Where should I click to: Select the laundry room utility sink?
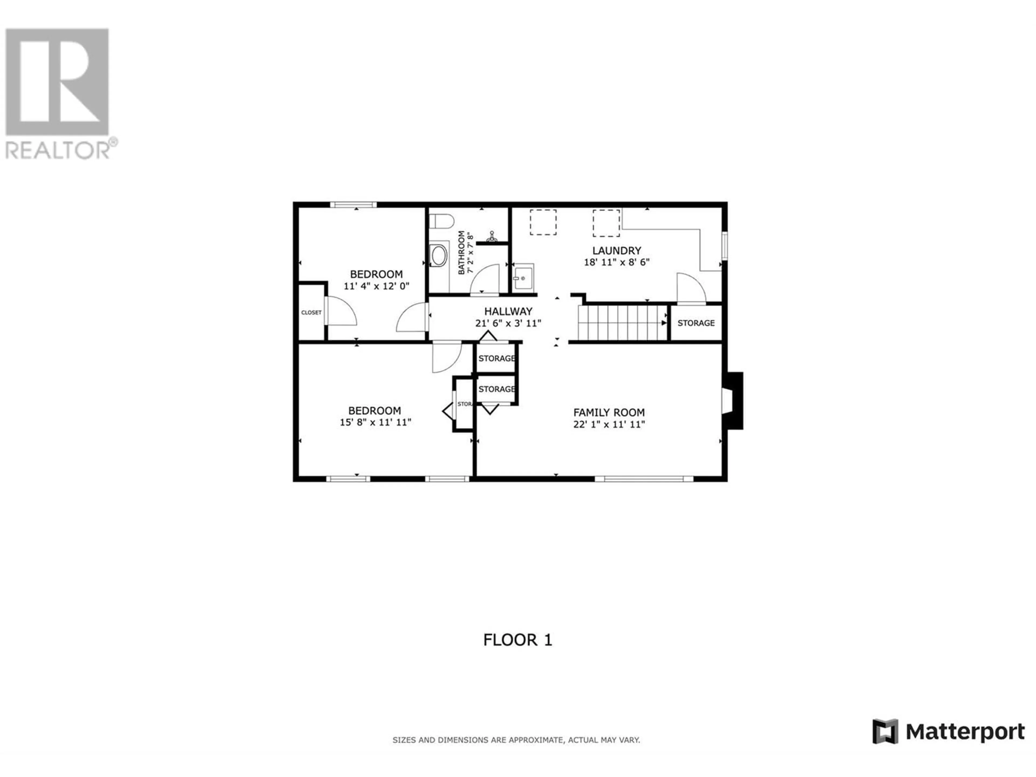(x=523, y=278)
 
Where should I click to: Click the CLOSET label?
(x=311, y=312)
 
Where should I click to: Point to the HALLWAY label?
(x=508, y=311)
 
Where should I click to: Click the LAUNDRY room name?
(x=616, y=251)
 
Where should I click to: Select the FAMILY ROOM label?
(x=609, y=413)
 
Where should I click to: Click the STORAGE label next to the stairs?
(x=696, y=323)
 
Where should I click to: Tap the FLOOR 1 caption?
(x=517, y=640)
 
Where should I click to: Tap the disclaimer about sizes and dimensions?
(x=516, y=740)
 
